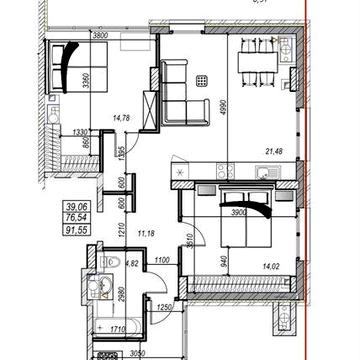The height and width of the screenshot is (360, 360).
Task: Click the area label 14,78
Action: [124, 118]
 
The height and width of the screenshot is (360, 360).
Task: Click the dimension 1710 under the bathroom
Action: [116, 327]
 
